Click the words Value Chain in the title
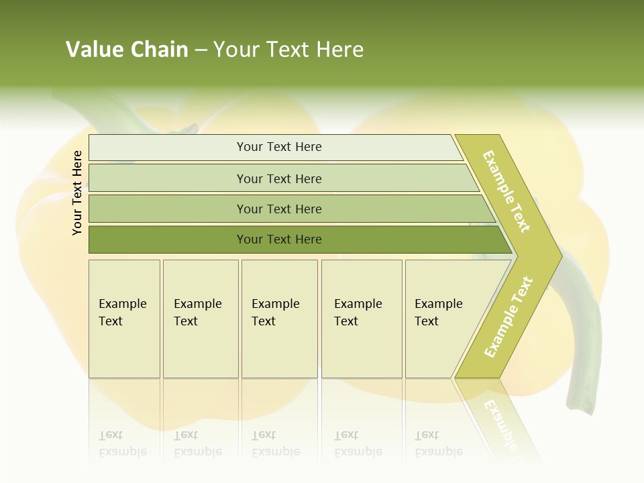[x=127, y=50]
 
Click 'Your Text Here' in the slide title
[x=288, y=50]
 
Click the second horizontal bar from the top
[x=279, y=178]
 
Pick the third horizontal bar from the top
[x=279, y=209]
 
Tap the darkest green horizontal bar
[x=279, y=239]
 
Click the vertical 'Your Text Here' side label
[x=77, y=193]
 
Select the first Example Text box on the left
[x=124, y=318]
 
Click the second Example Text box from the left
[x=200, y=318]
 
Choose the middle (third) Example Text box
[x=278, y=318]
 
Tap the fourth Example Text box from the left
[x=361, y=318]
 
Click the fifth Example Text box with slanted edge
[x=439, y=318]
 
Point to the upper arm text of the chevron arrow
[x=506, y=191]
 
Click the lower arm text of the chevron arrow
[x=508, y=317]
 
